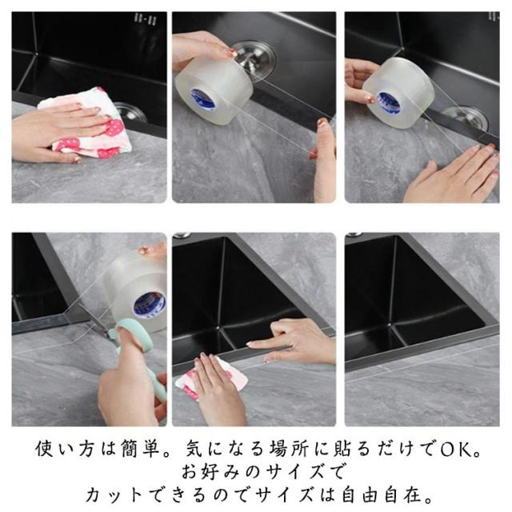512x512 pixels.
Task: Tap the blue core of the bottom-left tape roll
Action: (150, 304)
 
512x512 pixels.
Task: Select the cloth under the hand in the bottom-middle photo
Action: (212, 378)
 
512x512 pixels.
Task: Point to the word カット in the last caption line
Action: (114, 495)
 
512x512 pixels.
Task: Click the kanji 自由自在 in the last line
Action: (381, 495)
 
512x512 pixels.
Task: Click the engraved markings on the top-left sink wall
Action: (146, 19)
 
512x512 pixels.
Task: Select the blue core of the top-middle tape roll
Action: (202, 98)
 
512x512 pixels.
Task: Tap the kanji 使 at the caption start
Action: (45, 449)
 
